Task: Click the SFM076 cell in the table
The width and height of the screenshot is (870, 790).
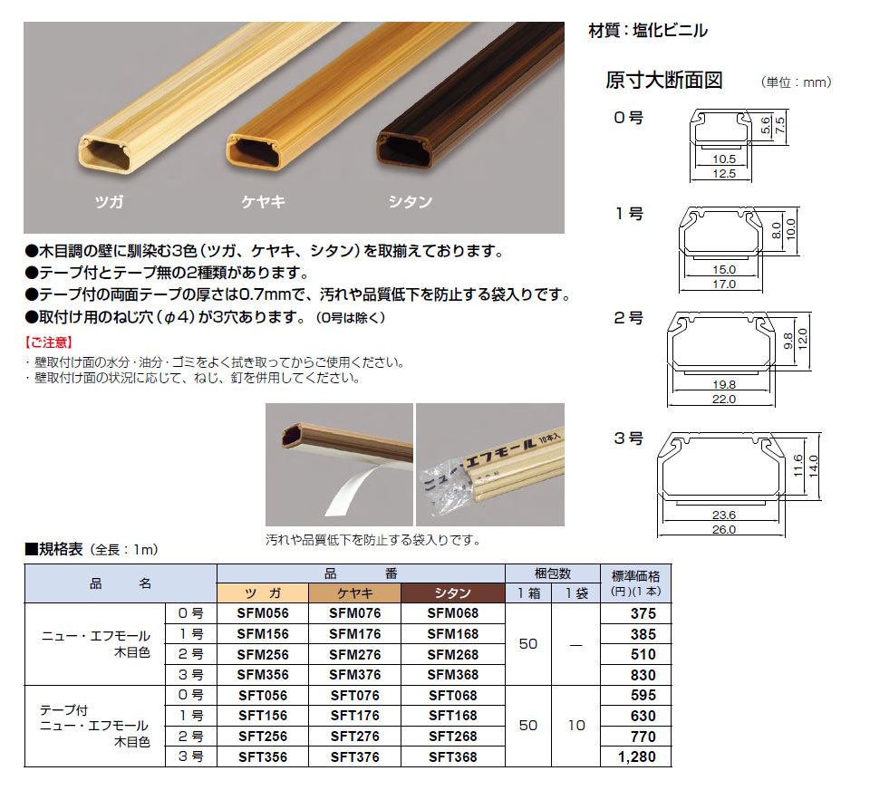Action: pos(355,613)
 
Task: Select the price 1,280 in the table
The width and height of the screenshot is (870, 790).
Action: pos(637,756)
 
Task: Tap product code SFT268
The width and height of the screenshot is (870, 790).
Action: pos(453,737)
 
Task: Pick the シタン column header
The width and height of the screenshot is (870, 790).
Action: pos(453,593)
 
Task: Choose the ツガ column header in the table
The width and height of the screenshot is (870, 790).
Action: pos(263,593)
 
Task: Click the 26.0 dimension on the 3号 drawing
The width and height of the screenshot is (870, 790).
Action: pos(724,529)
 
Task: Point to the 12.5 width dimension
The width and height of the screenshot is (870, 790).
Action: pos(724,174)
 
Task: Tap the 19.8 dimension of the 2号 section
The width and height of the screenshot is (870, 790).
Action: pos(724,384)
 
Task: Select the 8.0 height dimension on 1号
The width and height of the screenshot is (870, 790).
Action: pos(777,230)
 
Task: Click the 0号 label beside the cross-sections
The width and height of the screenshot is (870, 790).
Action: pos(629,118)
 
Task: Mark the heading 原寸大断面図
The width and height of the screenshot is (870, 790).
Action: pos(663,81)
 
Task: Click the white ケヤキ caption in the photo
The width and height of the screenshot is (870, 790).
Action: pos(263,201)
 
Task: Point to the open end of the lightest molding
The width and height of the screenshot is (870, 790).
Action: pos(105,154)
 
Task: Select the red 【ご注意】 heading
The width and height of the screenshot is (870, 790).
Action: pos(49,342)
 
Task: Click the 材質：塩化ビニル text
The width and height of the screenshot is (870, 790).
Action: pos(647,31)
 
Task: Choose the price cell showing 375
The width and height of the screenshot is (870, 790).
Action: pos(643,613)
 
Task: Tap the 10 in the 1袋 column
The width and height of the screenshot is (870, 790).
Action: pos(576,726)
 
